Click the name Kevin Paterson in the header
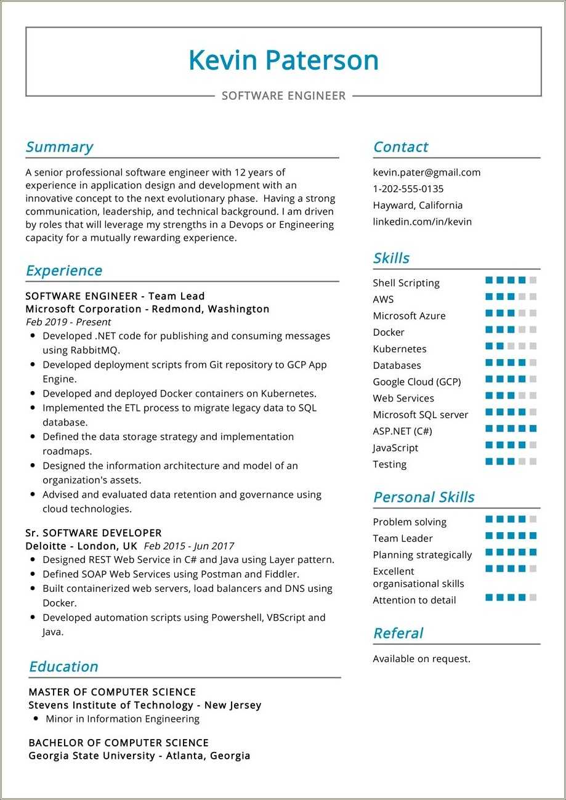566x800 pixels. click(283, 60)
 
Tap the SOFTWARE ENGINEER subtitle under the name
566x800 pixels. click(283, 95)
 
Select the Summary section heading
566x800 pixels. click(59, 147)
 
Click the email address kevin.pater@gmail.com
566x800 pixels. click(426, 172)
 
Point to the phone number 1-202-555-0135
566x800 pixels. click(408, 189)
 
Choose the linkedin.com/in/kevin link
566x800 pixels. click(422, 222)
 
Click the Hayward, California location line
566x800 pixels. click(417, 205)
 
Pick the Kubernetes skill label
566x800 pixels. click(399, 349)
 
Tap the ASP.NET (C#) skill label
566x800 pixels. click(402, 431)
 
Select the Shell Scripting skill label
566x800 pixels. click(406, 283)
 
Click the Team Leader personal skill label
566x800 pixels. click(402, 538)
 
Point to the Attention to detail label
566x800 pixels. click(414, 600)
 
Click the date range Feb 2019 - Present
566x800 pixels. click(68, 321)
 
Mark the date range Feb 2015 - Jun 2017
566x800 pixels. click(188, 546)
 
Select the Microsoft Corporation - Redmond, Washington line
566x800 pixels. click(147, 309)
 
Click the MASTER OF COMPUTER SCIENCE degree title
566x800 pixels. click(112, 692)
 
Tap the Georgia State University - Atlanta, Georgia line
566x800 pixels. click(139, 755)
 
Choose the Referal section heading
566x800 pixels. click(398, 633)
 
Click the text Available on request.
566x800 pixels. click(421, 658)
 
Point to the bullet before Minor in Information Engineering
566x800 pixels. click(36, 718)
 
